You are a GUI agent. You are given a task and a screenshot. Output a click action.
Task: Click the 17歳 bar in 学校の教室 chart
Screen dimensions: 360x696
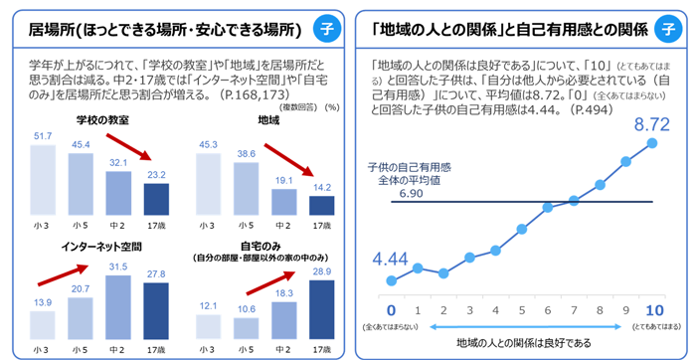[156, 199]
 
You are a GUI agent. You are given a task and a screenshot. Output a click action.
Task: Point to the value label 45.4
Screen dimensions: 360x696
[82, 143]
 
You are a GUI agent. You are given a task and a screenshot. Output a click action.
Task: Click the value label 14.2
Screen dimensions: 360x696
[320, 187]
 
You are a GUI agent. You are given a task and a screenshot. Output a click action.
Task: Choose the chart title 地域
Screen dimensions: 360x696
[269, 121]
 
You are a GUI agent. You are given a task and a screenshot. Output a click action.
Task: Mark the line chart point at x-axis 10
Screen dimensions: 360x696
[651, 142]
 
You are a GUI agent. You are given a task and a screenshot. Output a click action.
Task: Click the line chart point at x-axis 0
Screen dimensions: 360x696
[392, 276]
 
